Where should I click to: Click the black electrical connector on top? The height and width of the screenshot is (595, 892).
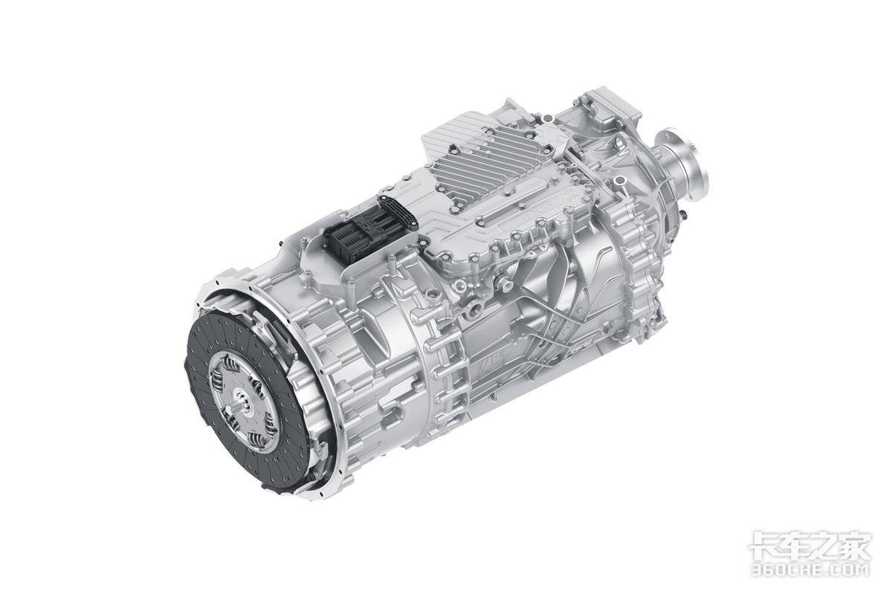[x=370, y=231]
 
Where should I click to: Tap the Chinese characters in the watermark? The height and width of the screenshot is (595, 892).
[x=809, y=545]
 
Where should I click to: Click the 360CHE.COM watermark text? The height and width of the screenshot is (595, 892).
[x=809, y=569]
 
